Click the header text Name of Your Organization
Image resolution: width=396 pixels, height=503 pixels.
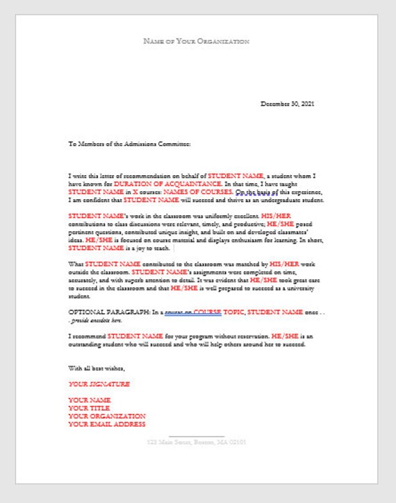[x=196, y=42]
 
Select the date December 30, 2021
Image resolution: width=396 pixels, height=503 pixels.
[x=288, y=104]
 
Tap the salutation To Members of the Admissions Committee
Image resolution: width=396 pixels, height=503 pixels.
[x=129, y=145]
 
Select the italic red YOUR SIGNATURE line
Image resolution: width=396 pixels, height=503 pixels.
[x=99, y=384]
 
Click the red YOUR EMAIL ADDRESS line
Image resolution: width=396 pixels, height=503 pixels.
[x=107, y=424]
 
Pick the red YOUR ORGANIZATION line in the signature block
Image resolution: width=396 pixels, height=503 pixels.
[x=107, y=415]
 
